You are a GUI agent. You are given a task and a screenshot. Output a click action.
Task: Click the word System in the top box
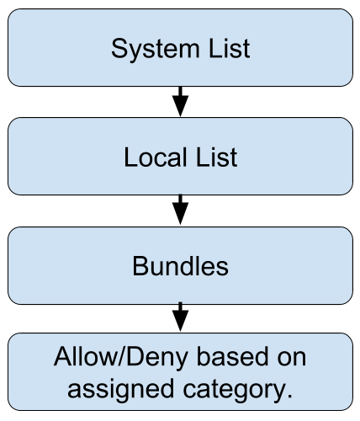click(x=156, y=50)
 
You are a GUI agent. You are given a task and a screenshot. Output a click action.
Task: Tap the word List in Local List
click(x=217, y=157)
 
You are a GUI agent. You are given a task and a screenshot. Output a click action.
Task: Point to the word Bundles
click(x=180, y=266)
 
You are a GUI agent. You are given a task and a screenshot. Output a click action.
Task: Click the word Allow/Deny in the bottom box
click(x=121, y=357)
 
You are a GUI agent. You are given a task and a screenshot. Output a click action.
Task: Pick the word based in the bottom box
click(x=232, y=356)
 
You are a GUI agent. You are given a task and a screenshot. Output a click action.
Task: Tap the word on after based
click(x=292, y=359)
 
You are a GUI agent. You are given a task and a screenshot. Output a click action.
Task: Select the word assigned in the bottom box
click(x=120, y=390)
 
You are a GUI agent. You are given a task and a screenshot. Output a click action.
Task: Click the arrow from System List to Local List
click(x=180, y=102)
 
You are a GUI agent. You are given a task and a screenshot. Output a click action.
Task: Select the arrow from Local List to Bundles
click(x=180, y=210)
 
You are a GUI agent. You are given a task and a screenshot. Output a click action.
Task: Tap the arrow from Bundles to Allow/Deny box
click(x=180, y=317)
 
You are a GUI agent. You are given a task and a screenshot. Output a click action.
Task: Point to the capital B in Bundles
click(x=140, y=266)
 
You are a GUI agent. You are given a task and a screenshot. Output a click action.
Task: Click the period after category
click(x=289, y=396)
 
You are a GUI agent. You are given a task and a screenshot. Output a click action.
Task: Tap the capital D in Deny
click(x=135, y=356)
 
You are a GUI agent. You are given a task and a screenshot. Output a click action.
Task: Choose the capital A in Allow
click(x=63, y=356)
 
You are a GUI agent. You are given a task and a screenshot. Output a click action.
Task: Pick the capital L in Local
click(x=130, y=157)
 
